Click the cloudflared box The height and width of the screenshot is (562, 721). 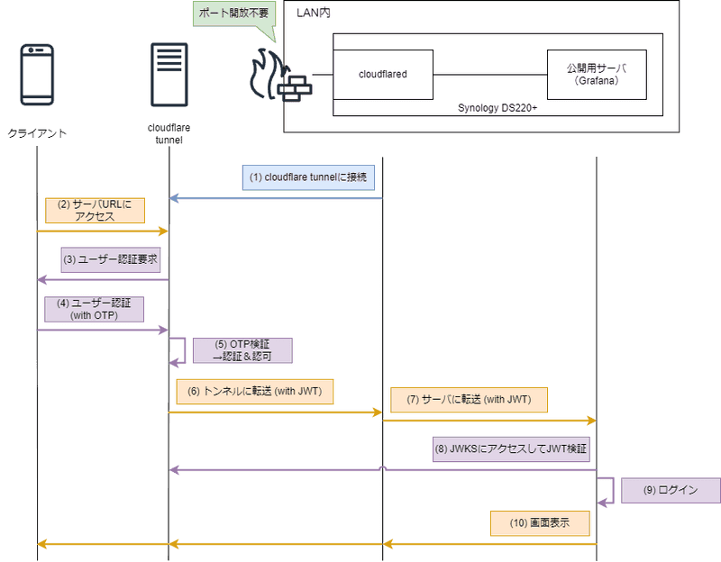click(x=383, y=74)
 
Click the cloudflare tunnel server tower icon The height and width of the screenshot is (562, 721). click(x=169, y=72)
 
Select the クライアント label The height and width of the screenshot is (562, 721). click(x=38, y=133)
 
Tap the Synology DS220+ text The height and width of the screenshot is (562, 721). click(x=497, y=107)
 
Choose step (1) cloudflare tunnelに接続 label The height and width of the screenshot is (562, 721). click(x=308, y=177)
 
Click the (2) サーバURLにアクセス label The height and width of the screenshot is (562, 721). click(x=94, y=211)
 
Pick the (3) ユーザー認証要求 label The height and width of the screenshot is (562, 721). click(x=110, y=259)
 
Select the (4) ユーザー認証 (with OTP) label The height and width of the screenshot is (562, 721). click(x=94, y=309)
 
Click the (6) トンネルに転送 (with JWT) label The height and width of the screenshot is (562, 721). click(x=254, y=391)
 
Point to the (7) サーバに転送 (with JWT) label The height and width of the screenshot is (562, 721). click(x=469, y=400)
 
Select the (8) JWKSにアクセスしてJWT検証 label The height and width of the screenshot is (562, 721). click(x=512, y=448)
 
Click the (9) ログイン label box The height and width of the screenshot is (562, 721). click(x=670, y=491)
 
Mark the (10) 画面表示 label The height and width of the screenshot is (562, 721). click(x=539, y=523)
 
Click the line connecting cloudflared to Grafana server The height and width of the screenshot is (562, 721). click(x=490, y=74)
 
